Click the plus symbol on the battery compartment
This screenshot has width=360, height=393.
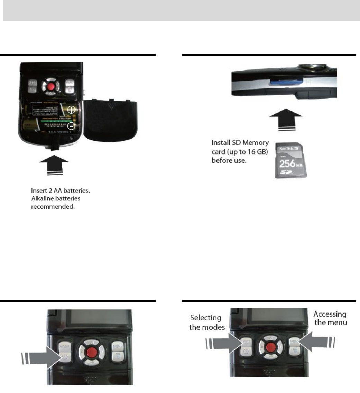point(71,110)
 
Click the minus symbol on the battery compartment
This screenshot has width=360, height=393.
point(71,126)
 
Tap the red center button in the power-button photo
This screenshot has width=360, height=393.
point(91,353)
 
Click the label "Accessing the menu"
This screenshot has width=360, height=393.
point(330,318)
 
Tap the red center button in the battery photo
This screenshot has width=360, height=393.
point(51,85)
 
